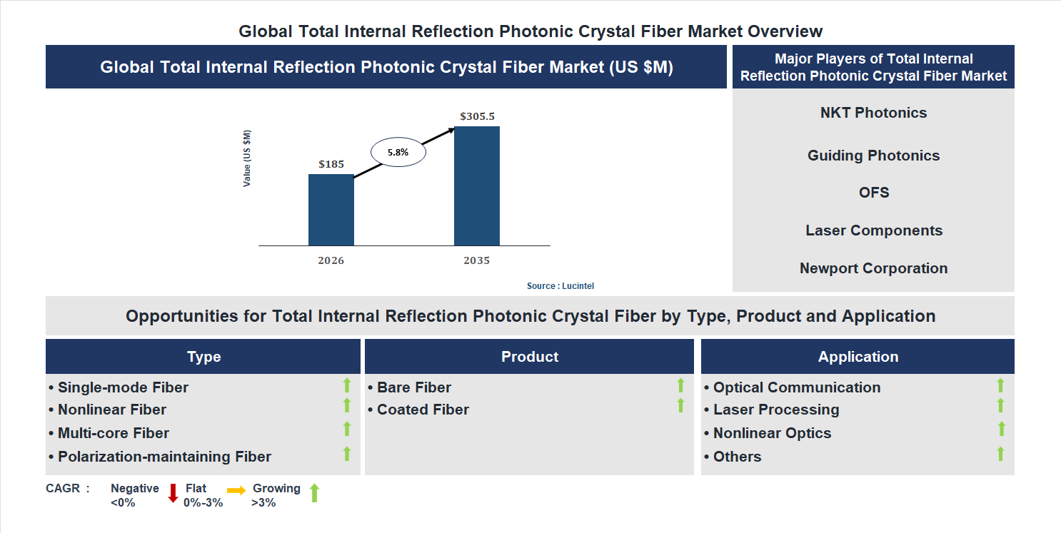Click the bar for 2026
click(x=331, y=210)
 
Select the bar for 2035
click(x=476, y=186)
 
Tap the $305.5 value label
click(x=477, y=116)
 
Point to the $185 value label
click(x=331, y=164)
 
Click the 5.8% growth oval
click(x=398, y=152)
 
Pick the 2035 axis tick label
click(x=476, y=260)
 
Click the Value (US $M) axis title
click(x=247, y=158)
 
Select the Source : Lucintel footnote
click(x=560, y=286)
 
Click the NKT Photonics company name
click(x=873, y=113)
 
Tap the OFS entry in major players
click(x=873, y=193)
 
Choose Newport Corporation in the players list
click(x=873, y=268)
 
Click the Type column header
click(x=203, y=357)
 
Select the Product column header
click(x=529, y=357)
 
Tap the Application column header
click(x=858, y=357)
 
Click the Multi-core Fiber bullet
click(x=113, y=433)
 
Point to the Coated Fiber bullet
click(x=423, y=410)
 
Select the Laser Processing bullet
click(x=775, y=410)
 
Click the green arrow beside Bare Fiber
click(x=680, y=385)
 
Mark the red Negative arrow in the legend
click(x=173, y=493)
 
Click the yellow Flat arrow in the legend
click(x=236, y=490)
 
